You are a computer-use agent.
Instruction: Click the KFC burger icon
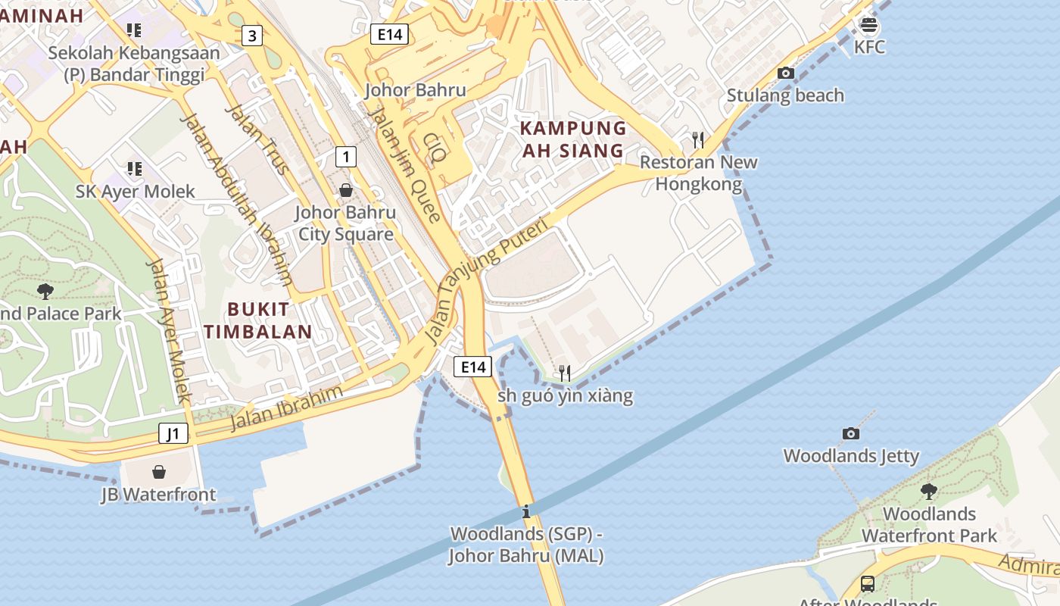coord(868,25)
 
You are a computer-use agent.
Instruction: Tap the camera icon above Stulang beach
coord(786,73)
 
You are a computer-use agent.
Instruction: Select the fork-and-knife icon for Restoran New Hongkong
coord(698,140)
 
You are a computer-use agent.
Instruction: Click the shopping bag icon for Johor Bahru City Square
coord(346,190)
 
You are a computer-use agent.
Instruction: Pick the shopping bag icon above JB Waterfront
coord(159,473)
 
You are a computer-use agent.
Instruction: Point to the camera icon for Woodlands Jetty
coord(851,434)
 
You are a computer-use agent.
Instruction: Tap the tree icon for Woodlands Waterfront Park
coord(929,492)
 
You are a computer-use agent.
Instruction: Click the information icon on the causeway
coord(526,511)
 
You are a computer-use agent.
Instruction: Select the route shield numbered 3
coord(252,35)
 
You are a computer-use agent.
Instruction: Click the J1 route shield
coord(173,434)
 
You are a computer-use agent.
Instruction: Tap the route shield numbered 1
coord(345,157)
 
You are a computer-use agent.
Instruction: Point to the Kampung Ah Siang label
coord(573,139)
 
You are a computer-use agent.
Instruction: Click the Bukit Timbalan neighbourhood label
coord(258,320)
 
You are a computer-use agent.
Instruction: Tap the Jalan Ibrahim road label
coord(287,407)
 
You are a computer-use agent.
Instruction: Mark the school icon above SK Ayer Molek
coord(135,169)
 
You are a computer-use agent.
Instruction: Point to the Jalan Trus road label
coord(257,139)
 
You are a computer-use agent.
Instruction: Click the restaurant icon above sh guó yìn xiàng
coord(564,373)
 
